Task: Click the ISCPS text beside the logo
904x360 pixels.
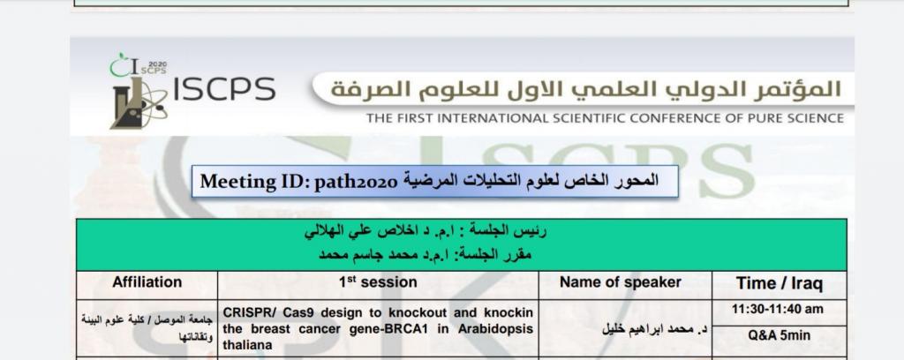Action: pos(224,89)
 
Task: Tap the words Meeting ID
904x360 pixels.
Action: pos(254,182)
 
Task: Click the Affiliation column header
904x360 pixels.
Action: pos(147,282)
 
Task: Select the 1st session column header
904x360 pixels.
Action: pos(378,282)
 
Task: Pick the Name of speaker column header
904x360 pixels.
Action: pos(621,282)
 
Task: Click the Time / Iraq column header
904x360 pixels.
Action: pos(780,283)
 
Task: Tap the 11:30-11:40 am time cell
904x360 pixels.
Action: pos(778,310)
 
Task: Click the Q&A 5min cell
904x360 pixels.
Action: pos(779,336)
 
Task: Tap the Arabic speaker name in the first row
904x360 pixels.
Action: pos(655,329)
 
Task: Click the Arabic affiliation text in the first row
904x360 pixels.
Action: pos(147,327)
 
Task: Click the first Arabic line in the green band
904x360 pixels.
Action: pos(426,232)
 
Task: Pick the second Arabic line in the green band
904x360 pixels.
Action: pos(426,254)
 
